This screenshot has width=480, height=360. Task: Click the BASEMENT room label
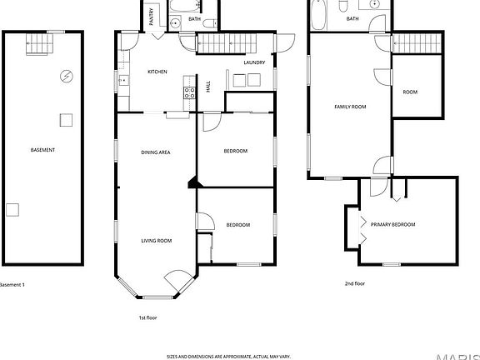42,150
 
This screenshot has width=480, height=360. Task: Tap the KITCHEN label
157,72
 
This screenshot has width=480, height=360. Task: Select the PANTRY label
152,17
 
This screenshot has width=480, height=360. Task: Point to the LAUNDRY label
254,62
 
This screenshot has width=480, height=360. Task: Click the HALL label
208,85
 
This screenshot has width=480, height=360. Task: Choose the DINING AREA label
156,152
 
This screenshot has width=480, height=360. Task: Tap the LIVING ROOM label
156,240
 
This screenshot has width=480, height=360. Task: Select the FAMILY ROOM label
350,107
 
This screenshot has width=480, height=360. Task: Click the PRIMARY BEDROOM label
392,224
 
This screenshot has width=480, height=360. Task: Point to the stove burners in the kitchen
189,92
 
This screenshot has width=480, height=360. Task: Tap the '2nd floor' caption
355,283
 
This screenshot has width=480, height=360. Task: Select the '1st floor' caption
147,317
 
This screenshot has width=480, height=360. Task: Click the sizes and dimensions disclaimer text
228,356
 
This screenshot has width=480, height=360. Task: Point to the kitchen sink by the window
123,81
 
